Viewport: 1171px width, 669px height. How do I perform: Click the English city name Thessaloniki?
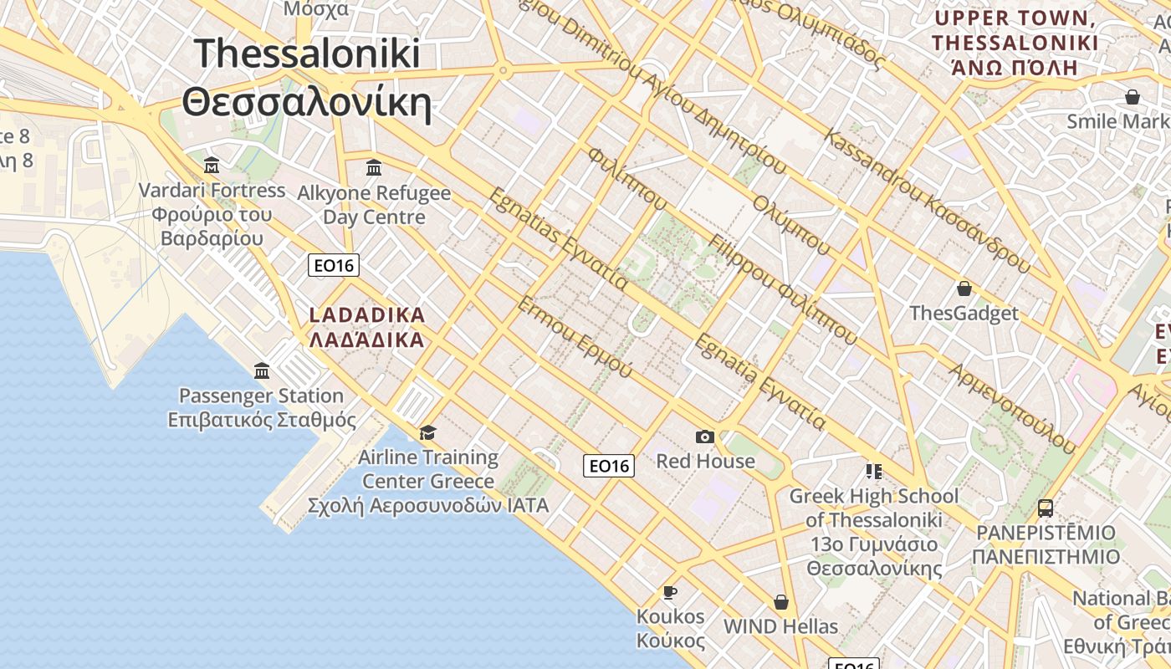(307, 54)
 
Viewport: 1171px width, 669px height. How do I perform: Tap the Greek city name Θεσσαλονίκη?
(307, 104)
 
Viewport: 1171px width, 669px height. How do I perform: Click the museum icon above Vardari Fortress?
(212, 165)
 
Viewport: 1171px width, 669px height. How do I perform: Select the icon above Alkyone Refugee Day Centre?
(374, 168)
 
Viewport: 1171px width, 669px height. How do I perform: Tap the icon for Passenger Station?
(262, 370)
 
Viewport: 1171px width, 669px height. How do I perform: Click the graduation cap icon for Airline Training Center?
(428, 432)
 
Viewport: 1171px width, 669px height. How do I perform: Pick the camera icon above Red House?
(705, 437)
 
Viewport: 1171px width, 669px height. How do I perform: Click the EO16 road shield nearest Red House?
(609, 466)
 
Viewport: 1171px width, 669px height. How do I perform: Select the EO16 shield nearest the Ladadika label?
(334, 266)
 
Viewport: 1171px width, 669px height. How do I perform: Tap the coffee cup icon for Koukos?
(670, 592)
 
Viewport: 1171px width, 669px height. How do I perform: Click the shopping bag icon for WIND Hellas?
(781, 602)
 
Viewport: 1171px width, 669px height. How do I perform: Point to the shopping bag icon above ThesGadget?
(964, 289)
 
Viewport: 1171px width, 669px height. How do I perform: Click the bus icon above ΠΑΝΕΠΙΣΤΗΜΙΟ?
(1046, 508)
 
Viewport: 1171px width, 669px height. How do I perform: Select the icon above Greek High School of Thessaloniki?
(874, 472)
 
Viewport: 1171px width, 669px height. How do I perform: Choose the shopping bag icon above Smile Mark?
(1133, 97)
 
